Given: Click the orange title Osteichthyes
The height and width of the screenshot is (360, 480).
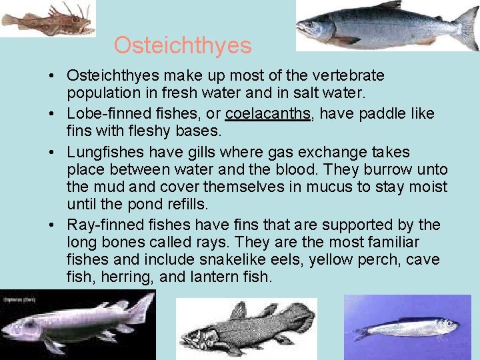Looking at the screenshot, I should point(182,45).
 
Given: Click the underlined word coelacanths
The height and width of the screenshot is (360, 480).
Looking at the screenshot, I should point(268,113).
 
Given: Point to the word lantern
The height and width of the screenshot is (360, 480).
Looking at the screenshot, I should point(215,276).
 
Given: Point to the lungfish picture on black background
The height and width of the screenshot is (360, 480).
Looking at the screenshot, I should point(77,324).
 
